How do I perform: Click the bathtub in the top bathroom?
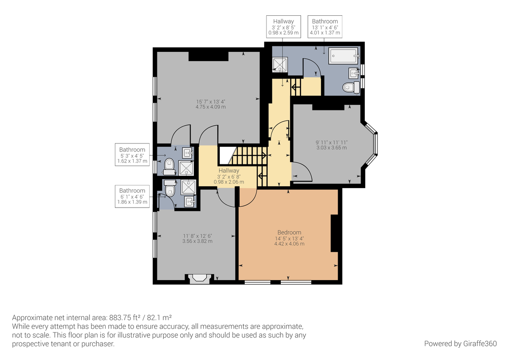coord(344,56)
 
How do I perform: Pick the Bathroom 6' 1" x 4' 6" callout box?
coord(132,197)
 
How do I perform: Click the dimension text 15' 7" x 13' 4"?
coord(210,104)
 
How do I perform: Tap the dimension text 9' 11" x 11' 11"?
coord(331,145)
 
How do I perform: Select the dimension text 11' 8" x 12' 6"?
coord(198,238)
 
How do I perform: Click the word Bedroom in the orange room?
coord(289,232)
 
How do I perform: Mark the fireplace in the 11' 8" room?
coord(199,278)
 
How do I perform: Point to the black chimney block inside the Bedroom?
coord(335,233)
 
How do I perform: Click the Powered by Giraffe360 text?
coord(460,343)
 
